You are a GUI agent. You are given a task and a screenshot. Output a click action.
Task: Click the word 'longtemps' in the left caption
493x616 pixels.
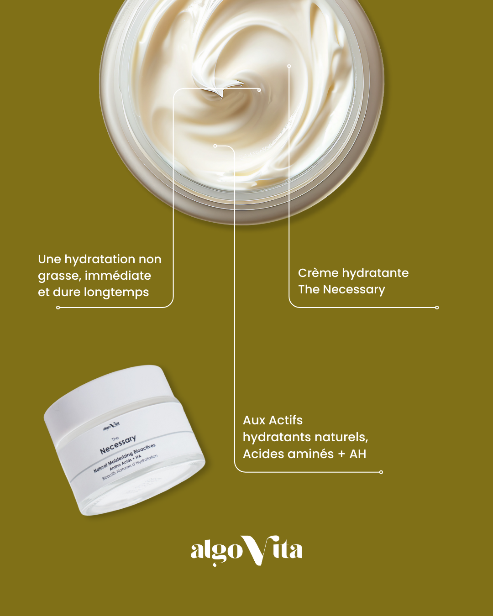116,292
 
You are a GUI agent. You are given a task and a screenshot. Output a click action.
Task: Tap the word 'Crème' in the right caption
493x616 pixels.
318,273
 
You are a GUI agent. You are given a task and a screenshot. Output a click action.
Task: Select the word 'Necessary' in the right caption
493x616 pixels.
354,290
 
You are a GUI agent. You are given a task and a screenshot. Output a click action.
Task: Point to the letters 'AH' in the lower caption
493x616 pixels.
358,454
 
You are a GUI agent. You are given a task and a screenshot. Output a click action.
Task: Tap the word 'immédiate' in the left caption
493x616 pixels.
118,275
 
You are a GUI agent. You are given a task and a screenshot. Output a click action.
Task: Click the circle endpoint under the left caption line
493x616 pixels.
58,308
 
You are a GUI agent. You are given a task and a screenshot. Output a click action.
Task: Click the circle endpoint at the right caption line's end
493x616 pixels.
437,308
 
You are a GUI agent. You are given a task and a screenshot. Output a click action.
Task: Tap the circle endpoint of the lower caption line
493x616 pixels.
381,472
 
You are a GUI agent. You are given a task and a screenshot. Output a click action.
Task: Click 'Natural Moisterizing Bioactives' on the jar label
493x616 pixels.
124,458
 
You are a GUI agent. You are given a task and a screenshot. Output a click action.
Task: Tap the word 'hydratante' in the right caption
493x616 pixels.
375,273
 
